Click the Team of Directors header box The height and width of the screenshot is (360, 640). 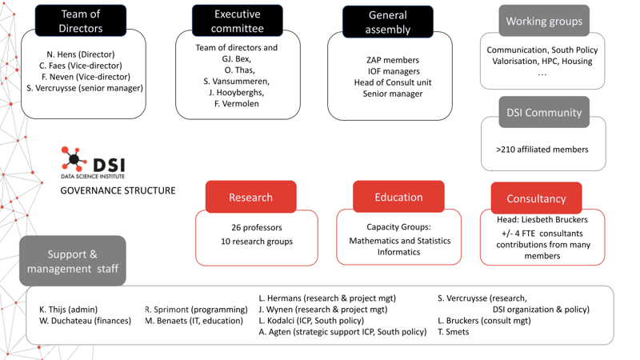80,21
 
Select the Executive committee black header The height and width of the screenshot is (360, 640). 237,21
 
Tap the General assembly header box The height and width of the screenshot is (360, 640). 387,22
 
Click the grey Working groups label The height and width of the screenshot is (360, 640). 544,21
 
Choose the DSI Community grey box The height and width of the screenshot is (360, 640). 543,113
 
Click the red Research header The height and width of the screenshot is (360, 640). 250,198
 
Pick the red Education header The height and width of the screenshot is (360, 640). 398,197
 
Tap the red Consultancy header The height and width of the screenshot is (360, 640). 536,198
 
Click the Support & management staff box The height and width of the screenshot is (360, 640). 73,261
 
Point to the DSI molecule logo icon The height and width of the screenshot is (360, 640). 73,159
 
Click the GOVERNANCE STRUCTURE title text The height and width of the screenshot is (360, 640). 118,190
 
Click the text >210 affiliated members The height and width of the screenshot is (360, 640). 542,150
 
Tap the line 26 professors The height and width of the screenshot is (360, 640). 256,228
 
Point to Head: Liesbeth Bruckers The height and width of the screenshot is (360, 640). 542,220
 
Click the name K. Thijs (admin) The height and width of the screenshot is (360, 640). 68,310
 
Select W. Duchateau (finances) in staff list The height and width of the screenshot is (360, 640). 85,321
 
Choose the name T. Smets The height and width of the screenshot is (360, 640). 454,332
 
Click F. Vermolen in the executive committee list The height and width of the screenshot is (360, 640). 236,104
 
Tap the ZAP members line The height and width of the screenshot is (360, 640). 392,60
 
